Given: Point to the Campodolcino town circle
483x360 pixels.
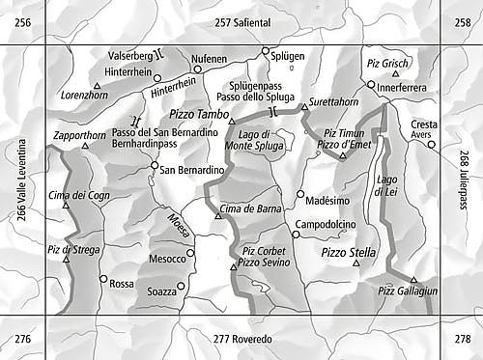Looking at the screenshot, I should pos(296,234).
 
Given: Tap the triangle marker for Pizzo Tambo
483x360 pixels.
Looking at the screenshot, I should pos(232,121).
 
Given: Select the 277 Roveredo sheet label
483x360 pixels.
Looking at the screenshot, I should pos(242,339).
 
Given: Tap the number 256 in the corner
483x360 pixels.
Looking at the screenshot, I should pos(21,21).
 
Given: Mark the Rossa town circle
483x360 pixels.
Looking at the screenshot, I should pos(103,278).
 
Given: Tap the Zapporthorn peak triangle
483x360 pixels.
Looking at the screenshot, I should pos(86,146).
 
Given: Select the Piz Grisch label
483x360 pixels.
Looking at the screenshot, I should pos(387,63).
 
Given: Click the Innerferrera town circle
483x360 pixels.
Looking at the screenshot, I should pos(370,84).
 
